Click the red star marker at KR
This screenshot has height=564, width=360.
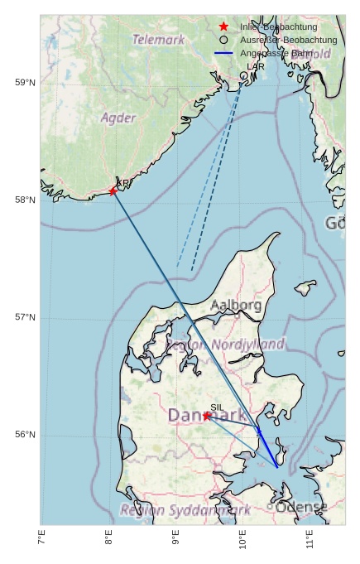click(x=113, y=191)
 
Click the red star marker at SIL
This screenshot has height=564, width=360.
click(x=207, y=416)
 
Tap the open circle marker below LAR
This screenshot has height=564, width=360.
click(x=244, y=75)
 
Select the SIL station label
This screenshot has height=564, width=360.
click(x=217, y=407)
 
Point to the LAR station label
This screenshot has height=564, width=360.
click(x=256, y=65)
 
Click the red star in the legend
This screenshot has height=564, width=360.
click(x=223, y=27)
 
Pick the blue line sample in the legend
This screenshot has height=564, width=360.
click(x=223, y=53)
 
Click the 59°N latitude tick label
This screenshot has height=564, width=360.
click(x=25, y=82)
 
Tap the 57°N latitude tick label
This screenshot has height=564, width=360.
click(x=25, y=317)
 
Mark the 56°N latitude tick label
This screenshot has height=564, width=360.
click(x=25, y=435)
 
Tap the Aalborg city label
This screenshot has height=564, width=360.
click(x=236, y=306)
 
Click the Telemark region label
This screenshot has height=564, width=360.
click(x=158, y=39)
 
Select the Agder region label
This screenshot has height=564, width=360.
click(x=118, y=118)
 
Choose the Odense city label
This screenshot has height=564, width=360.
click(x=301, y=507)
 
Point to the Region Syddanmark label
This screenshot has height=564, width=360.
click(x=185, y=510)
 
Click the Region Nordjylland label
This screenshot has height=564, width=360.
click(x=225, y=344)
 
